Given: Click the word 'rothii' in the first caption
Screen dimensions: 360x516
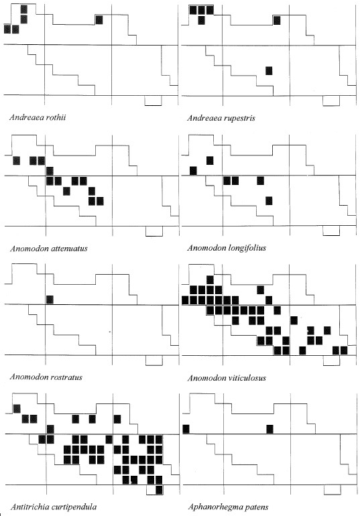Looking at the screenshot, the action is click(x=54, y=117).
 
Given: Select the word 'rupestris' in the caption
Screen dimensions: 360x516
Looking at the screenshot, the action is click(x=238, y=118).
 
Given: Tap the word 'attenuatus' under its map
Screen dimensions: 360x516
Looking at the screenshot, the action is click(x=68, y=249).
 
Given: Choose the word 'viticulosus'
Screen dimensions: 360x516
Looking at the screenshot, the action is click(x=247, y=378).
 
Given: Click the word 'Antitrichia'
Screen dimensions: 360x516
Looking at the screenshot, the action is click(x=28, y=507).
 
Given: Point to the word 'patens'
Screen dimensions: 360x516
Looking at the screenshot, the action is click(x=256, y=507).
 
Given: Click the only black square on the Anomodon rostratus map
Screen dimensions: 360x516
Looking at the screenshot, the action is click(x=50, y=300).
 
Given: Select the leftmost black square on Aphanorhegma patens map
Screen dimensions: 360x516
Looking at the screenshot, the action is click(x=186, y=429).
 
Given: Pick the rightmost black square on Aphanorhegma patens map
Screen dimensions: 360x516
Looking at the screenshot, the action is click(x=270, y=429).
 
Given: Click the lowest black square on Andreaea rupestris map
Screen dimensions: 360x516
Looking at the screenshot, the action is click(x=269, y=71).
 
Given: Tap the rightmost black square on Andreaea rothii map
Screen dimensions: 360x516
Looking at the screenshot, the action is click(x=99, y=19).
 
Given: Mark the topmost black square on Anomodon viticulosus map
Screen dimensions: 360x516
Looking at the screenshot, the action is click(x=210, y=279).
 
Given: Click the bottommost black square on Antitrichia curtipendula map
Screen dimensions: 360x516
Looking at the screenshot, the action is click(x=160, y=490).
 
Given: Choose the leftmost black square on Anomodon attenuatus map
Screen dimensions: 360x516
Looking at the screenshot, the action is click(x=16, y=161).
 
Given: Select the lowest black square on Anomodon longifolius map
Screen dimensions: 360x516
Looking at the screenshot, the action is click(x=269, y=201).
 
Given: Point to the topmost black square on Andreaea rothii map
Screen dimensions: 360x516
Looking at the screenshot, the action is click(x=23, y=9).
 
